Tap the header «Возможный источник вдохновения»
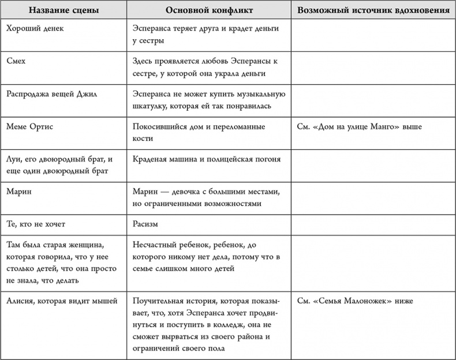[x=373, y=10]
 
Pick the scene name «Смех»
[x=17, y=61]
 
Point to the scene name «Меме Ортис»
[x=29, y=126]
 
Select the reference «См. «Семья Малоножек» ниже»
[x=356, y=301]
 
